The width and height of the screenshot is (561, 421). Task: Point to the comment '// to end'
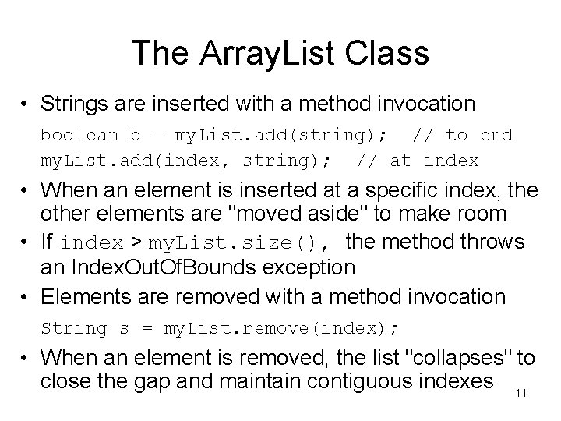pos(462,135)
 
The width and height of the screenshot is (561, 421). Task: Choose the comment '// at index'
pos(417,161)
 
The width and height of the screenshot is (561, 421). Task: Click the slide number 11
pos(521,393)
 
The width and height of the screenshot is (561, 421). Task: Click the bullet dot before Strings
pos(26,104)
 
